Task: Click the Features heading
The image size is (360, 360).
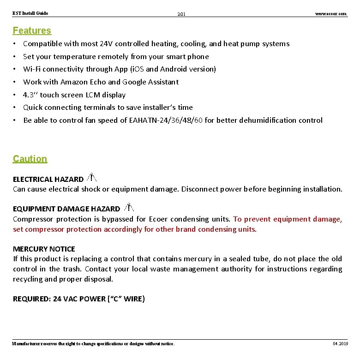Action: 32,30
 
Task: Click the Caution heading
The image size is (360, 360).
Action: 30,159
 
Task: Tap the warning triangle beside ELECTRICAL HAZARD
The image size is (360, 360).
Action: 91,177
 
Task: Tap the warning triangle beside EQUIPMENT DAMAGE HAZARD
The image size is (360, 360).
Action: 129,208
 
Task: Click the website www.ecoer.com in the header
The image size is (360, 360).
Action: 330,14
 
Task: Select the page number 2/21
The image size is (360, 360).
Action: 181,14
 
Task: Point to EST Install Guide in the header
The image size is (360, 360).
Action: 30,13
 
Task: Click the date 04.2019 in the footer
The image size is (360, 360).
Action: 341,343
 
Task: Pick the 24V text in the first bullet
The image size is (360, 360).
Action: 106,44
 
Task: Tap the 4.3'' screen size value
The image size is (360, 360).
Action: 30,95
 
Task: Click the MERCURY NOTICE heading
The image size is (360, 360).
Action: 44,249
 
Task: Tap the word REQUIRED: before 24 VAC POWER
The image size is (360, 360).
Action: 32,299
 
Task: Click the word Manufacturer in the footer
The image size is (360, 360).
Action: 27,343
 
